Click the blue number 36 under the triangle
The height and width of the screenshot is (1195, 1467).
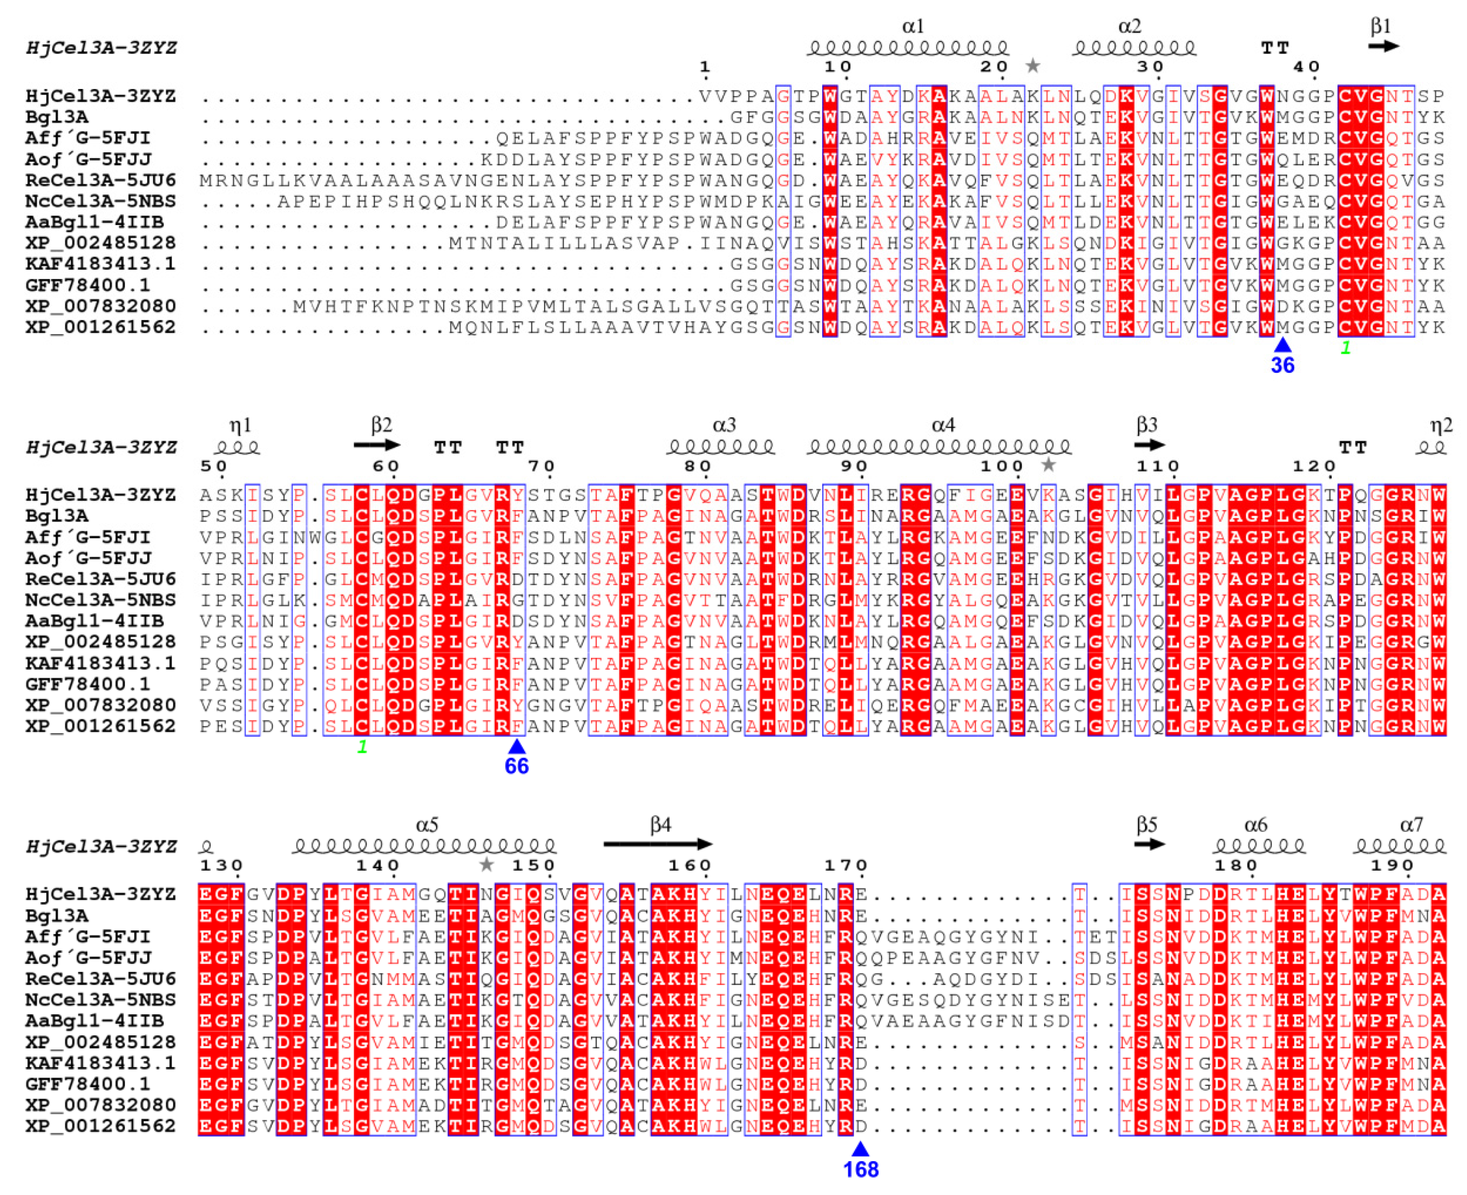1282,366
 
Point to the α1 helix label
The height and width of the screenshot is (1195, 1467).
913,27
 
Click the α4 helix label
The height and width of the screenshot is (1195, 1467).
943,426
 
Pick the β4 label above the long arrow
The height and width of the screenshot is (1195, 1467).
660,825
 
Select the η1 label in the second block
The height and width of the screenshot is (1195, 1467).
240,426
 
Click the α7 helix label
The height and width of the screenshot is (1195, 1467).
1411,825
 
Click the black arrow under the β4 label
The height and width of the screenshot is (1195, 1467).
658,844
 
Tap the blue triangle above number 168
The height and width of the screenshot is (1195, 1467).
860,1148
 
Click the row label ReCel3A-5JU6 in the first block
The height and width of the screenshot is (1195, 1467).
100,181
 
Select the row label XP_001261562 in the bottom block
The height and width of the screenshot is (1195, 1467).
100,1126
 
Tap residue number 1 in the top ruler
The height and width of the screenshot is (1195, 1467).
704,67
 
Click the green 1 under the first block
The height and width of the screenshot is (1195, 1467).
1345,348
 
